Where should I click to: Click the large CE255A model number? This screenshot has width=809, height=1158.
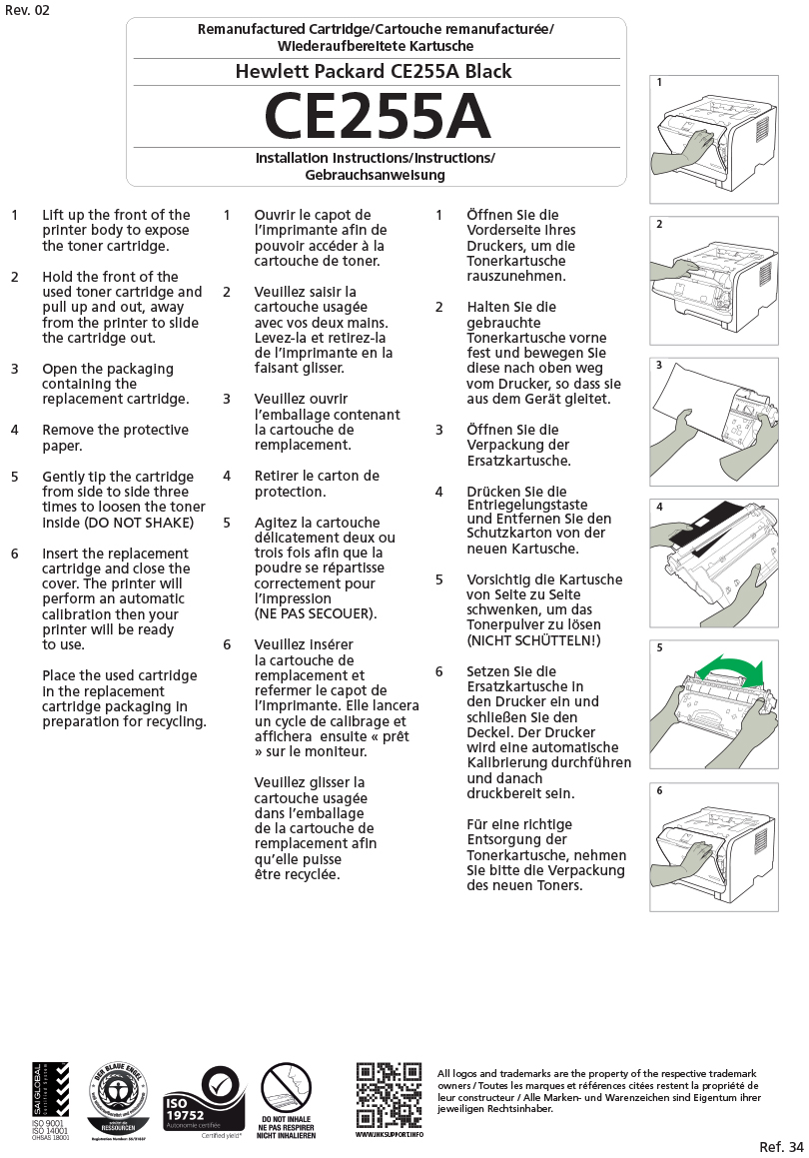(377, 118)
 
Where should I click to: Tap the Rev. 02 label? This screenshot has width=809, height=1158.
(26, 10)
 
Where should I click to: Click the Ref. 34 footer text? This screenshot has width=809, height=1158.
(780, 1146)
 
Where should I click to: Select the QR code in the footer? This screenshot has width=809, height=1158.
(389, 1095)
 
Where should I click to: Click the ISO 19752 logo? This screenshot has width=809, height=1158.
(204, 1099)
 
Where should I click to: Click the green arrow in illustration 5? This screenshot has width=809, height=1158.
(729, 668)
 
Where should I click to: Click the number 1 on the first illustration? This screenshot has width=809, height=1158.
(660, 83)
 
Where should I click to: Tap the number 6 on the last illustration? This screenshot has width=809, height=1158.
(660, 790)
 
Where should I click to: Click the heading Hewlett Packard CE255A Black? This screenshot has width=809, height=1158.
(374, 71)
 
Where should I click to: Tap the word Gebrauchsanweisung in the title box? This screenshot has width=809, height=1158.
(375, 175)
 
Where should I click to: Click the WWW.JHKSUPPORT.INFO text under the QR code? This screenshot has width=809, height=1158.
(390, 1135)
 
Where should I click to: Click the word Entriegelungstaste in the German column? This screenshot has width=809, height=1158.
(527, 505)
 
